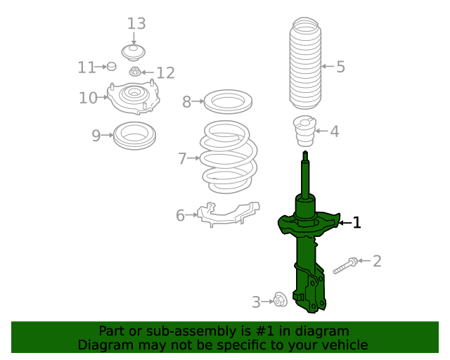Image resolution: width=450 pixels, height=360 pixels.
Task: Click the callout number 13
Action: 136,23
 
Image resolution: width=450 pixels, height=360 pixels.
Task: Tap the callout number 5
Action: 340,67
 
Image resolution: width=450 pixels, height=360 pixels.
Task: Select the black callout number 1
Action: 356,223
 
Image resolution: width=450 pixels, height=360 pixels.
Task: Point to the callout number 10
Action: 88,98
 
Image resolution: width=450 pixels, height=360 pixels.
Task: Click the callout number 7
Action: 182,159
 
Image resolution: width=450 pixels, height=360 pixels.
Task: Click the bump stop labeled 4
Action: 304,130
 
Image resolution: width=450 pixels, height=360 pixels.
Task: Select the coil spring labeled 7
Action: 228,159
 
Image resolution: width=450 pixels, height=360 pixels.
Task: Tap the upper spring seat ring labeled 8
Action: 228,102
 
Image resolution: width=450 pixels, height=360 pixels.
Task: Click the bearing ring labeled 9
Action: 134,135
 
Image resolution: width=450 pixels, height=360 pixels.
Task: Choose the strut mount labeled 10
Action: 133,97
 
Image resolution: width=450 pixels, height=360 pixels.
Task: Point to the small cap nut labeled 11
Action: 110,67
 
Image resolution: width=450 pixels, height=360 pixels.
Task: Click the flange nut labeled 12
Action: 135,71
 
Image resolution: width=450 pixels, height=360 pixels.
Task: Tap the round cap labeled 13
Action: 133,52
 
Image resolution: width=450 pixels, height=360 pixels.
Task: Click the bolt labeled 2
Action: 345,266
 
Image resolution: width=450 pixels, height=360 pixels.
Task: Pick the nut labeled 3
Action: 278,300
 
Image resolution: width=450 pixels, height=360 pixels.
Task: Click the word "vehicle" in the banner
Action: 342,345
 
